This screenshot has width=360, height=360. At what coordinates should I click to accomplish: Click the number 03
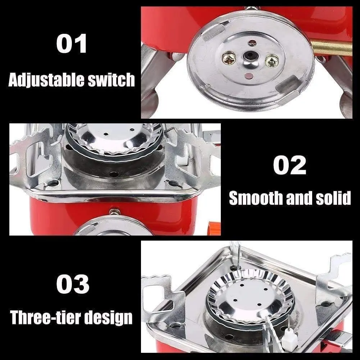pyautogui.click(x=73, y=284)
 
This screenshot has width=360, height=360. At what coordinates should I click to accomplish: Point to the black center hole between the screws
pyautogui.click(x=249, y=56)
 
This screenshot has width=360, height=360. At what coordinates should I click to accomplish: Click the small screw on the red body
pyautogui.click(x=115, y=212)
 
